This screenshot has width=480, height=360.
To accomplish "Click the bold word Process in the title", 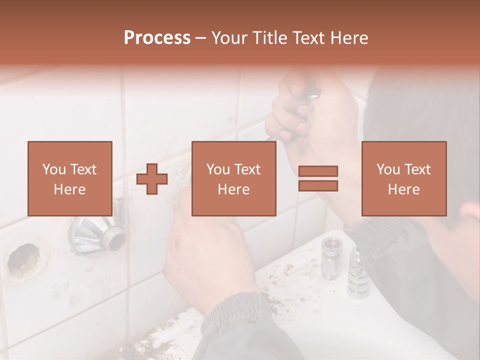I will coord(157,38).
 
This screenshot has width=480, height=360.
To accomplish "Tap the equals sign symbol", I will coord(318,179).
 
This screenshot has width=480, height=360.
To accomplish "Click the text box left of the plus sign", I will coord(70,179).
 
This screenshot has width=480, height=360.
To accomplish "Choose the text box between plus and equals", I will coord(234,179).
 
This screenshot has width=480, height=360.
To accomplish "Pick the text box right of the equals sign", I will coord(404,179).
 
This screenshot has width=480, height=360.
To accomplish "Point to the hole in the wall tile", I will coord(22,259).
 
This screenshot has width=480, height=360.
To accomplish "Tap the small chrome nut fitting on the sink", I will coord(330,257).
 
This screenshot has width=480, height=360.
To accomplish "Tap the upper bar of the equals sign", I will coord(318,171).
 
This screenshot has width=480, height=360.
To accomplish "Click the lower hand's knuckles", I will coord(210,230).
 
